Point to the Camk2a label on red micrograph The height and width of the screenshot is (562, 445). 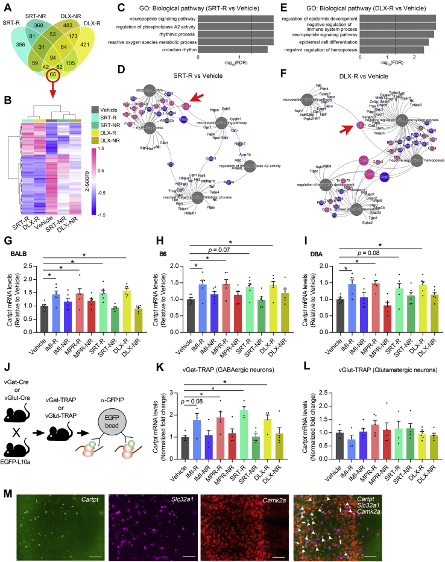(x=324, y=499)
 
